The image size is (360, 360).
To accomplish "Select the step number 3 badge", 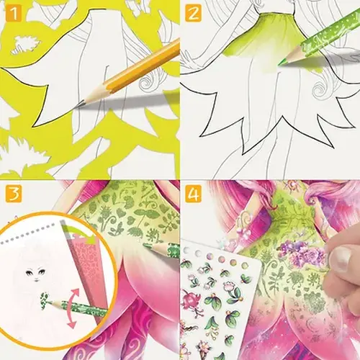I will (12, 194).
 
